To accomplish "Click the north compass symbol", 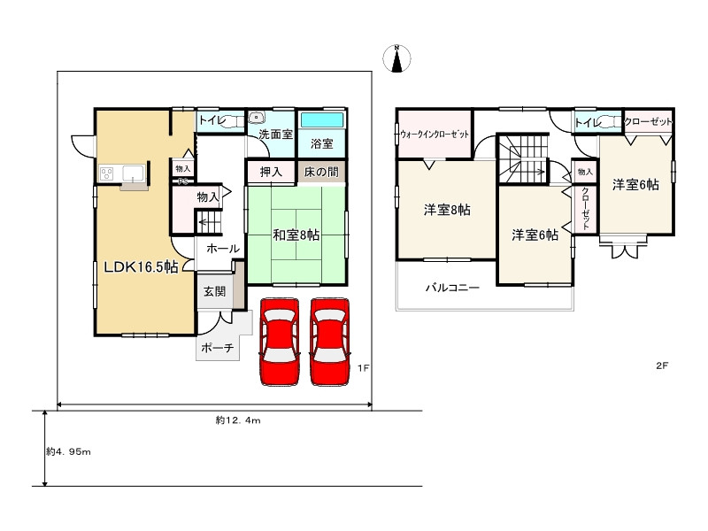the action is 396,58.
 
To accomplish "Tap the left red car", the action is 280,342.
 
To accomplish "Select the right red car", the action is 330,342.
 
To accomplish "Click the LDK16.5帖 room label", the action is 141,267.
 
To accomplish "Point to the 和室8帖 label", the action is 296,235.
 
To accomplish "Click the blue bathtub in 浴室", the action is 322,120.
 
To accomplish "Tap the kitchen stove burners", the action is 107,173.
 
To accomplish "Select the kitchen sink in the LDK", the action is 134,173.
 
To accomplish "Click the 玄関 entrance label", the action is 214,291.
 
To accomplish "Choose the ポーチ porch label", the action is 217,348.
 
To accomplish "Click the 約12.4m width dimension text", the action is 238,420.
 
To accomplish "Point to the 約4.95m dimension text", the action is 68,451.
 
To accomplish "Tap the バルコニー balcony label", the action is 452,287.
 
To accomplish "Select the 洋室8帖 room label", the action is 447,210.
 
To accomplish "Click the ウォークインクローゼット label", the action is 435,135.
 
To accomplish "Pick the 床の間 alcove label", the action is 321,172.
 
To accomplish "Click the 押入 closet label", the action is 271,172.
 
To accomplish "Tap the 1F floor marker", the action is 364,368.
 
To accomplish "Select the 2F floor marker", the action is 662,366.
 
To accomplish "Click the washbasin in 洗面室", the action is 256,118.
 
